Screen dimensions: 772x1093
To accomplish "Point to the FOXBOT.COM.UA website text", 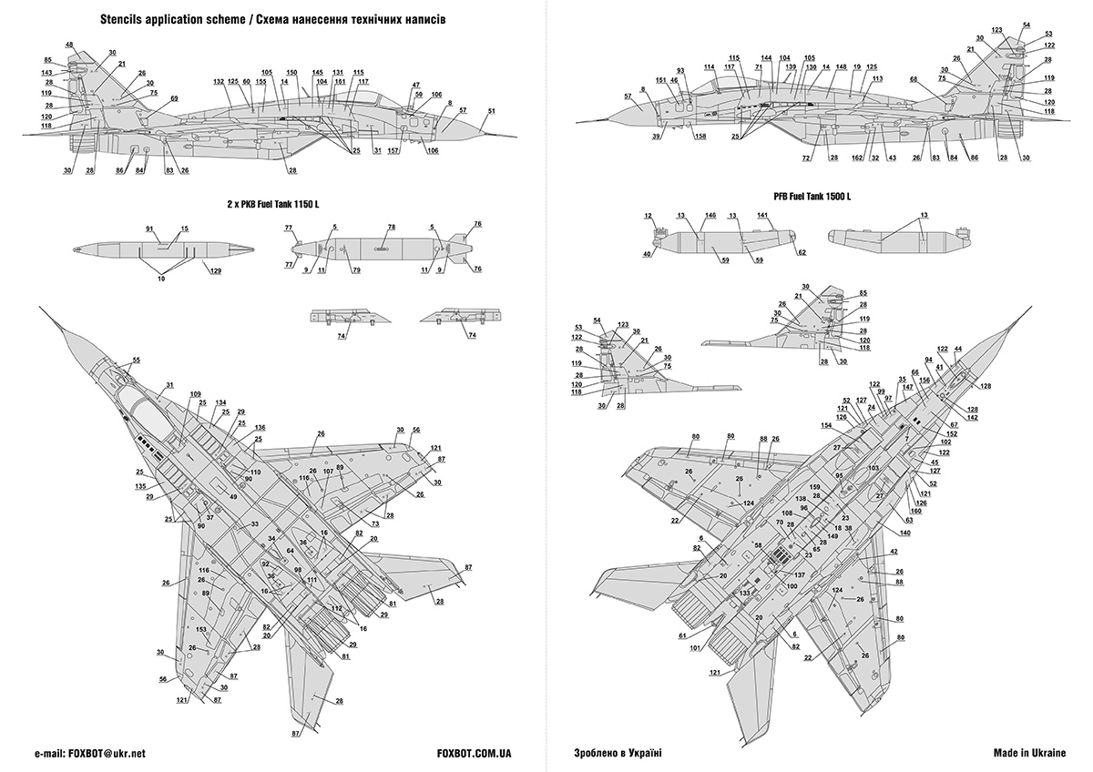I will click(475, 754).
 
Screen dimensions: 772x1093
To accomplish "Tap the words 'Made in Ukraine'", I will click(1029, 754).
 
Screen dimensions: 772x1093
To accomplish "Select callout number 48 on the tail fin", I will click(70, 45).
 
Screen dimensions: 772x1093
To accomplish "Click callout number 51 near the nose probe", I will click(491, 111).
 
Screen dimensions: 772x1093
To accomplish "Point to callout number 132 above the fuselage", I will click(219, 82).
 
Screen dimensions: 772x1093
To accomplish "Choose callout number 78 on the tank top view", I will click(392, 227).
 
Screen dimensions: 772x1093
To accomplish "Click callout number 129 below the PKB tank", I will click(215, 270).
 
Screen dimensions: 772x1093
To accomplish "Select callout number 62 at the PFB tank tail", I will click(802, 251).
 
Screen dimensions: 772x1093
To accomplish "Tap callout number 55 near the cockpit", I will click(136, 361).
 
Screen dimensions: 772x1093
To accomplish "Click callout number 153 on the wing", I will click(201, 629).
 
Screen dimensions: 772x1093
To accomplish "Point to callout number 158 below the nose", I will click(700, 137).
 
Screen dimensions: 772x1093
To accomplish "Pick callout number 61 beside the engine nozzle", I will click(682, 636).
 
